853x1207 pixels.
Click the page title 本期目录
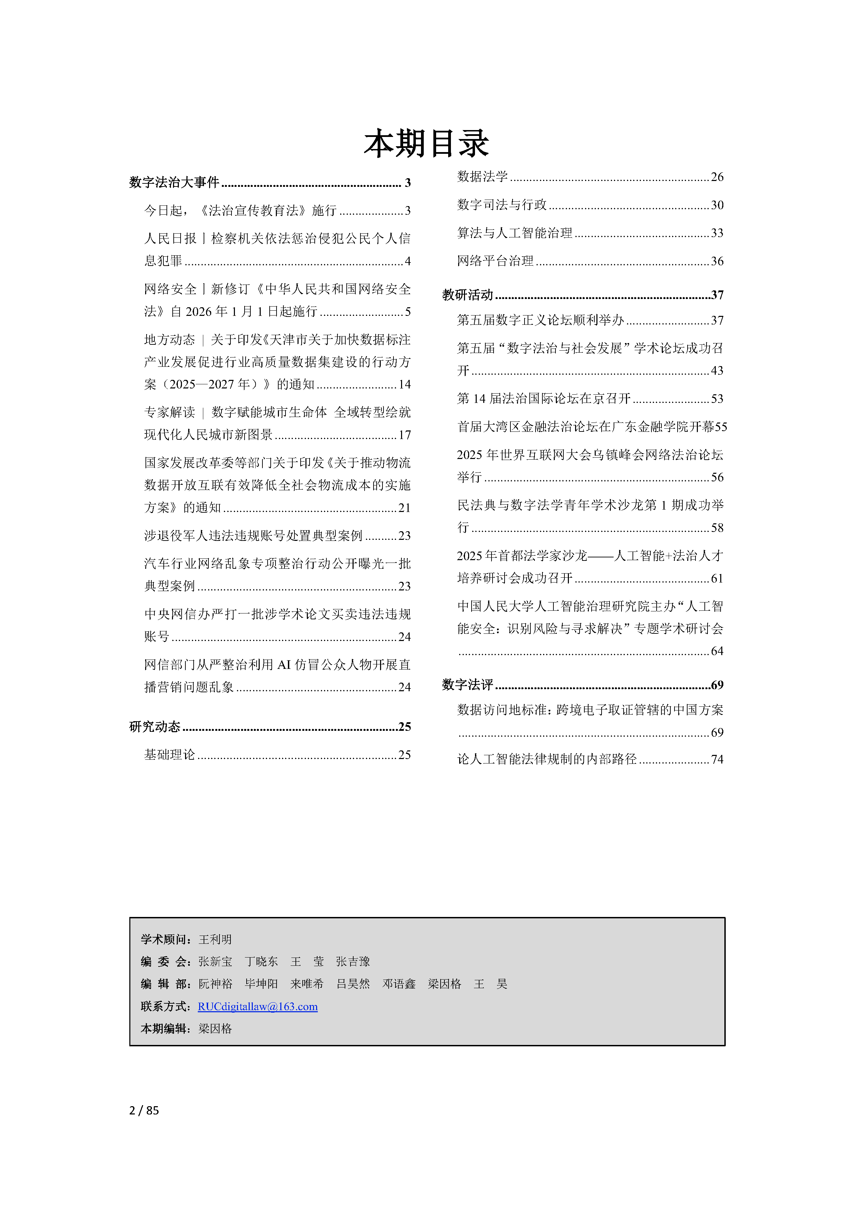[x=426, y=143]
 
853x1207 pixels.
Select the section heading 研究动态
[x=154, y=727]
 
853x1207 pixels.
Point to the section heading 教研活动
[x=467, y=295]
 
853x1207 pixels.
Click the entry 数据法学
[x=482, y=177]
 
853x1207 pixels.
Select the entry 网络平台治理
[x=495, y=261]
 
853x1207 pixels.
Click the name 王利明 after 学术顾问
[x=215, y=939]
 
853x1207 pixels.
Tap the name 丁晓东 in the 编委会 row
[x=261, y=961]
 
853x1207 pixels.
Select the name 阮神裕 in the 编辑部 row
[x=215, y=984]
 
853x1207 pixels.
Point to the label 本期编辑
[x=165, y=1028]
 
